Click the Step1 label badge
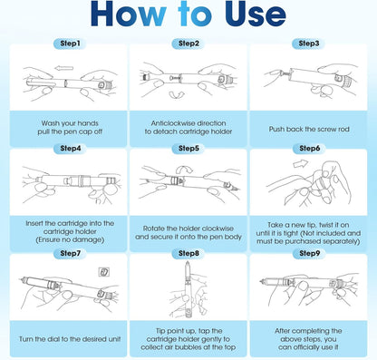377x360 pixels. [x=70, y=44]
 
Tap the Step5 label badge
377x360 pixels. [x=188, y=149]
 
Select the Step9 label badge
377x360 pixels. [x=309, y=253]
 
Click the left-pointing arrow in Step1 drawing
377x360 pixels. [x=64, y=68]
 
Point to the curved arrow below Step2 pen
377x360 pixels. [x=177, y=96]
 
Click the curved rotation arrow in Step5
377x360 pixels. [x=184, y=169]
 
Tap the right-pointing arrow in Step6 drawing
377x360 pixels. [x=301, y=163]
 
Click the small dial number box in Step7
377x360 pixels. [x=104, y=272]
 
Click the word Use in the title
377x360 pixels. [x=256, y=15]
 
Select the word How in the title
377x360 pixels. [x=129, y=15]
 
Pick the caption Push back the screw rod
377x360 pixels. [x=309, y=129]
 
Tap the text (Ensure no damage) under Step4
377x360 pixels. [x=70, y=239]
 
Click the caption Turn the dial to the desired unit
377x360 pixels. [x=70, y=339]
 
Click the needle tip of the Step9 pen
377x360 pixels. [x=260, y=282]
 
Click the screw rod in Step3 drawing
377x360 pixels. [x=285, y=73]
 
